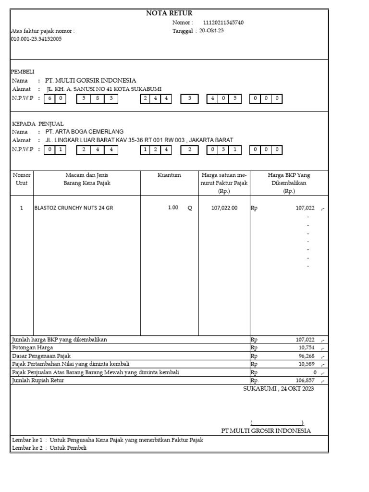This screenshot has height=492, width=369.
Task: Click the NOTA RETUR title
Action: pos(169,13)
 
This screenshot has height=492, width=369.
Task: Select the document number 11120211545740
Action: pos(223,23)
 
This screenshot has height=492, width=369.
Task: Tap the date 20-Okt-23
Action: pos(211,31)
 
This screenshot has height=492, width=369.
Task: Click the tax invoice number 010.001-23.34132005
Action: pos(36,39)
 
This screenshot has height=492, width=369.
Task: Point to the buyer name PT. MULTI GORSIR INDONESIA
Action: pos(90,80)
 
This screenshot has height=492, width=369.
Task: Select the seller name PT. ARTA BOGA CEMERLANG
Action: pos(84,132)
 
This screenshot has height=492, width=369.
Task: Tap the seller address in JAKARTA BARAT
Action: pos(139,140)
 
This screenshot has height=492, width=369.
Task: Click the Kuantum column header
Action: pos(169,175)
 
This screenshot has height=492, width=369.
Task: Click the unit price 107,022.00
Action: pos(224,208)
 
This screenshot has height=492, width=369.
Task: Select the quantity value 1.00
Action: pos(172,208)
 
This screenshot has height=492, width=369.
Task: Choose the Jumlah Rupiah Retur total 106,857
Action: pos(305,381)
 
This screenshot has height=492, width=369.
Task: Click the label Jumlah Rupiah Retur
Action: pos(37,381)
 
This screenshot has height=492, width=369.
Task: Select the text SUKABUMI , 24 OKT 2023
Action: pos(278,389)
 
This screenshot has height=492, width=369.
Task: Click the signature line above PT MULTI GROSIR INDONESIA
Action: pos(277,423)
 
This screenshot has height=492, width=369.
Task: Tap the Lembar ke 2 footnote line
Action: pos(49,448)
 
